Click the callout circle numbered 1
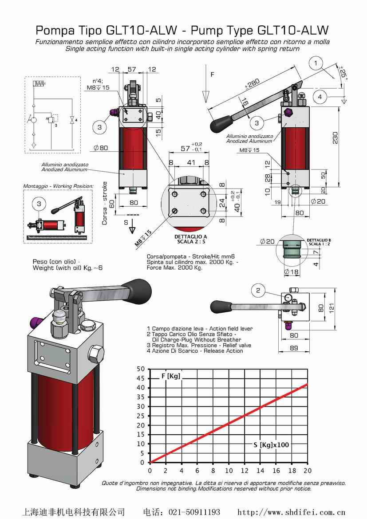316,63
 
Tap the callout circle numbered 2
258,291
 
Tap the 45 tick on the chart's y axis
141,378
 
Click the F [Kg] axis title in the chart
170,376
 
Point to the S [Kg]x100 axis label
271,444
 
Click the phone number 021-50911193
194,512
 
